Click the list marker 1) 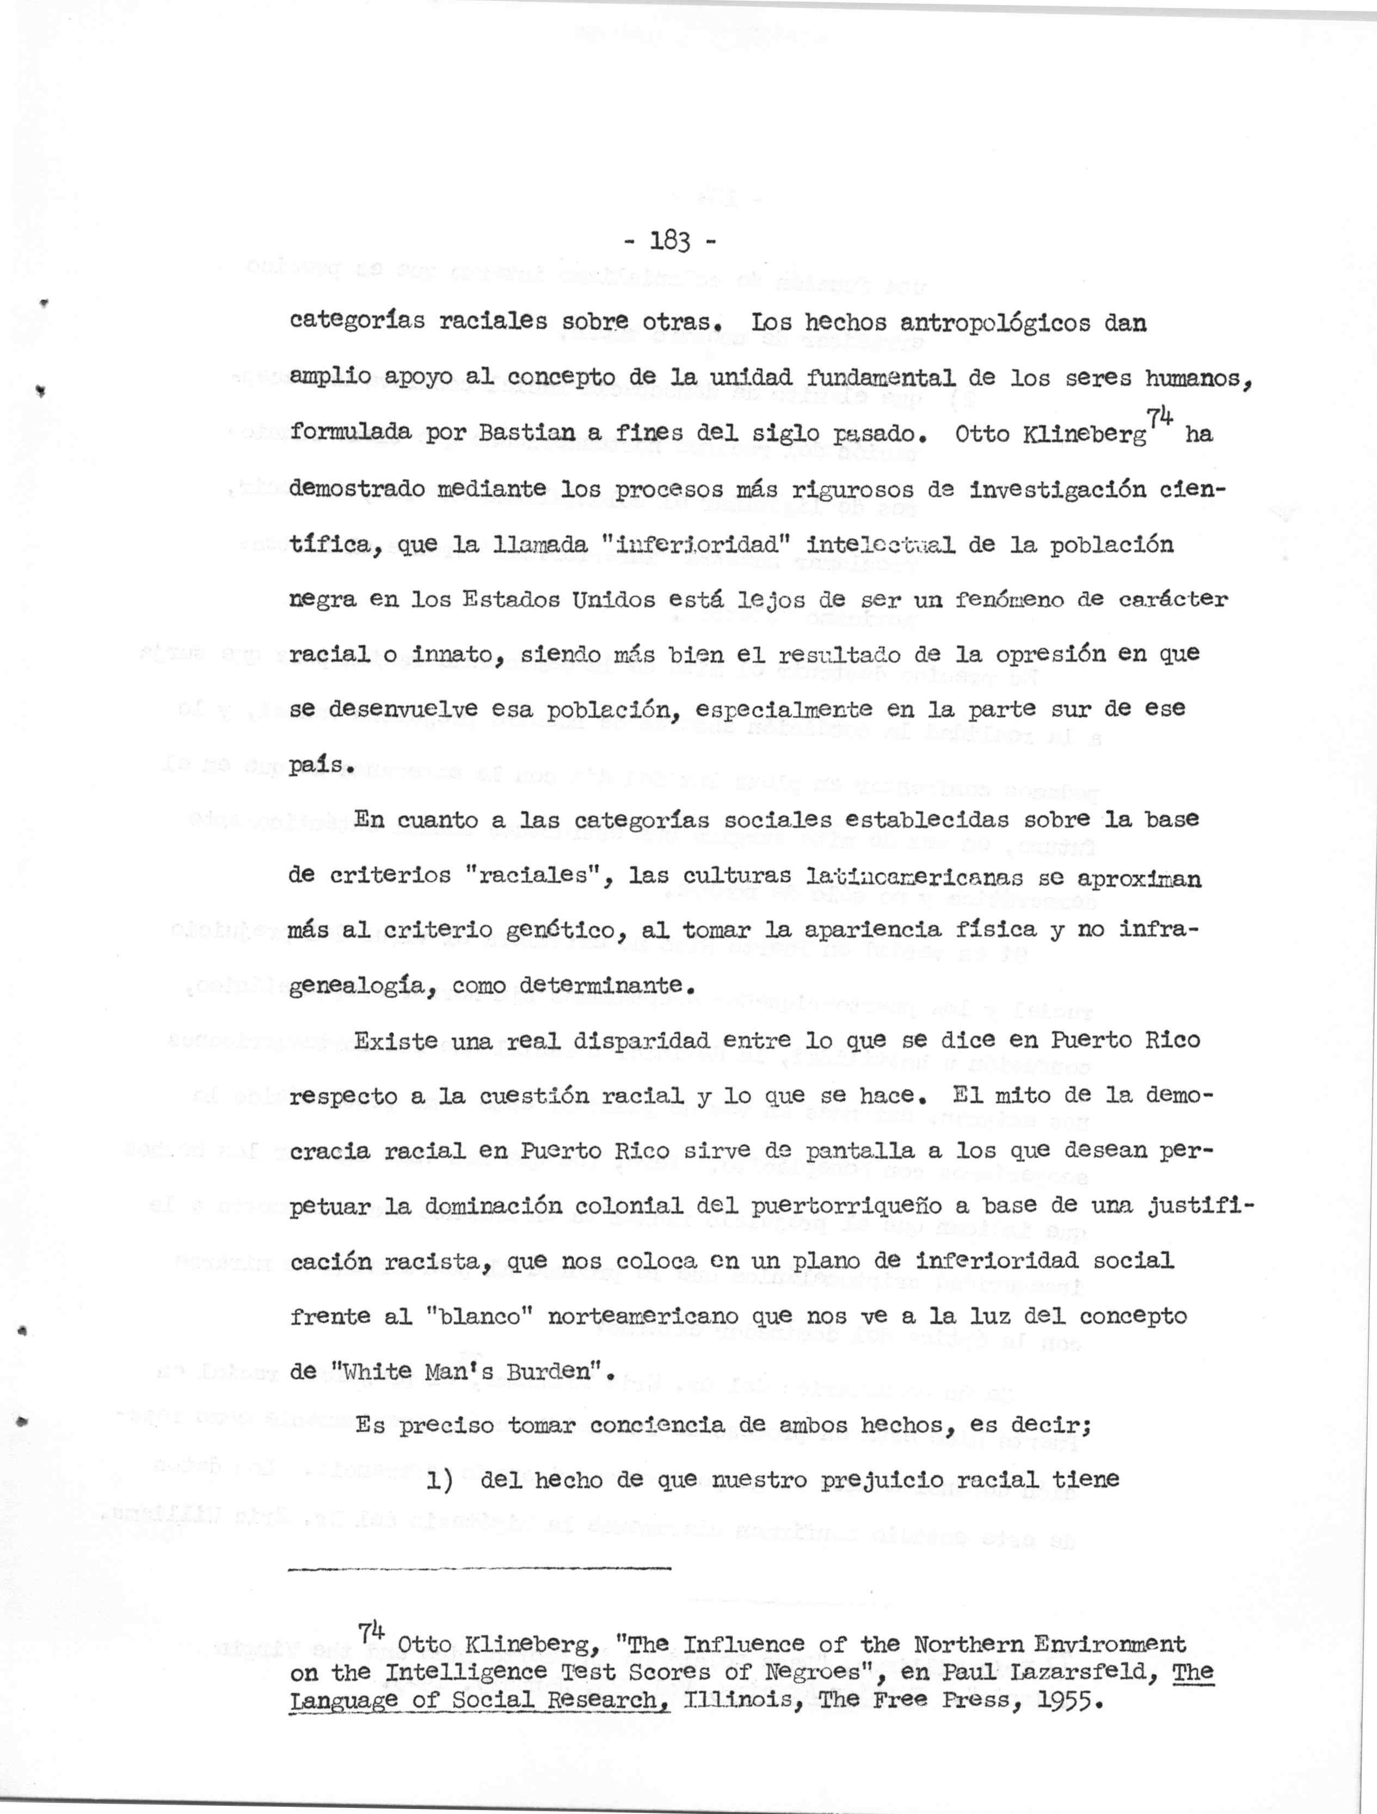tap(445, 1480)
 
